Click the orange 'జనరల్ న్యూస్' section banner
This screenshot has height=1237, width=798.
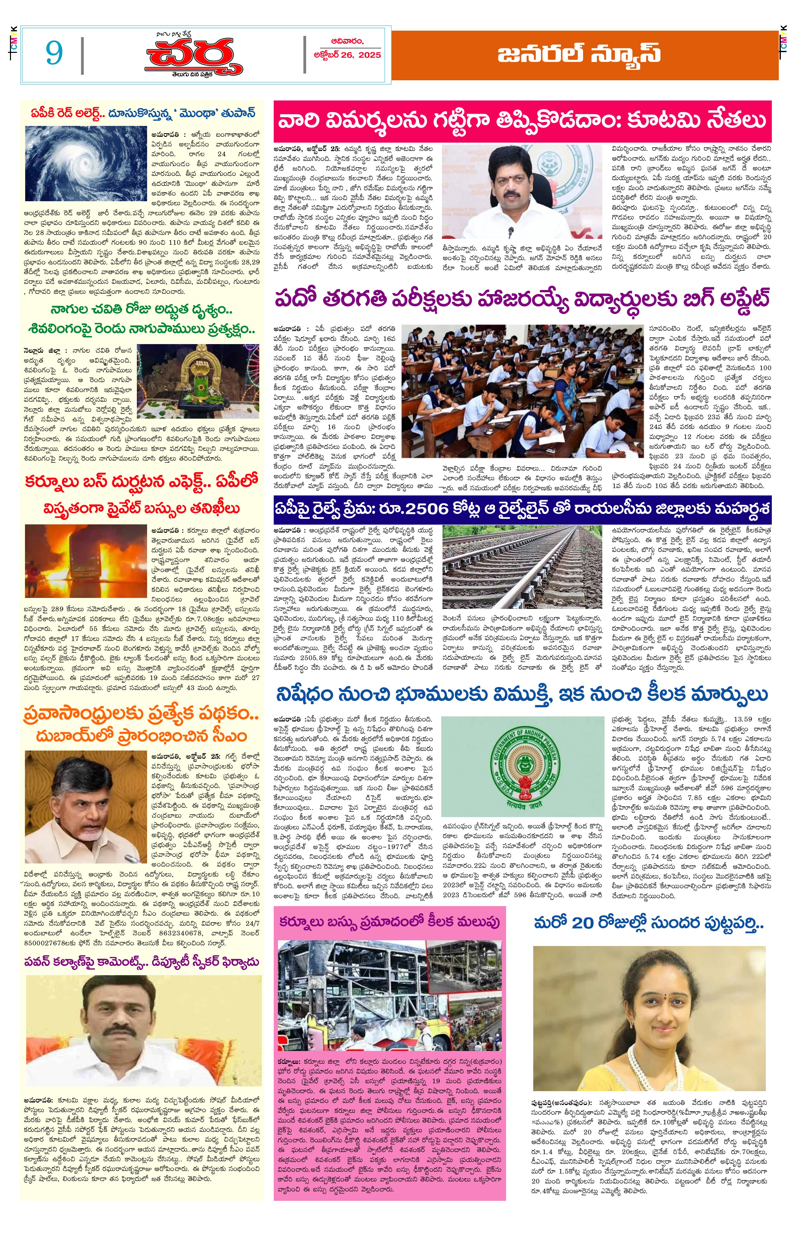pos(585,54)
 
